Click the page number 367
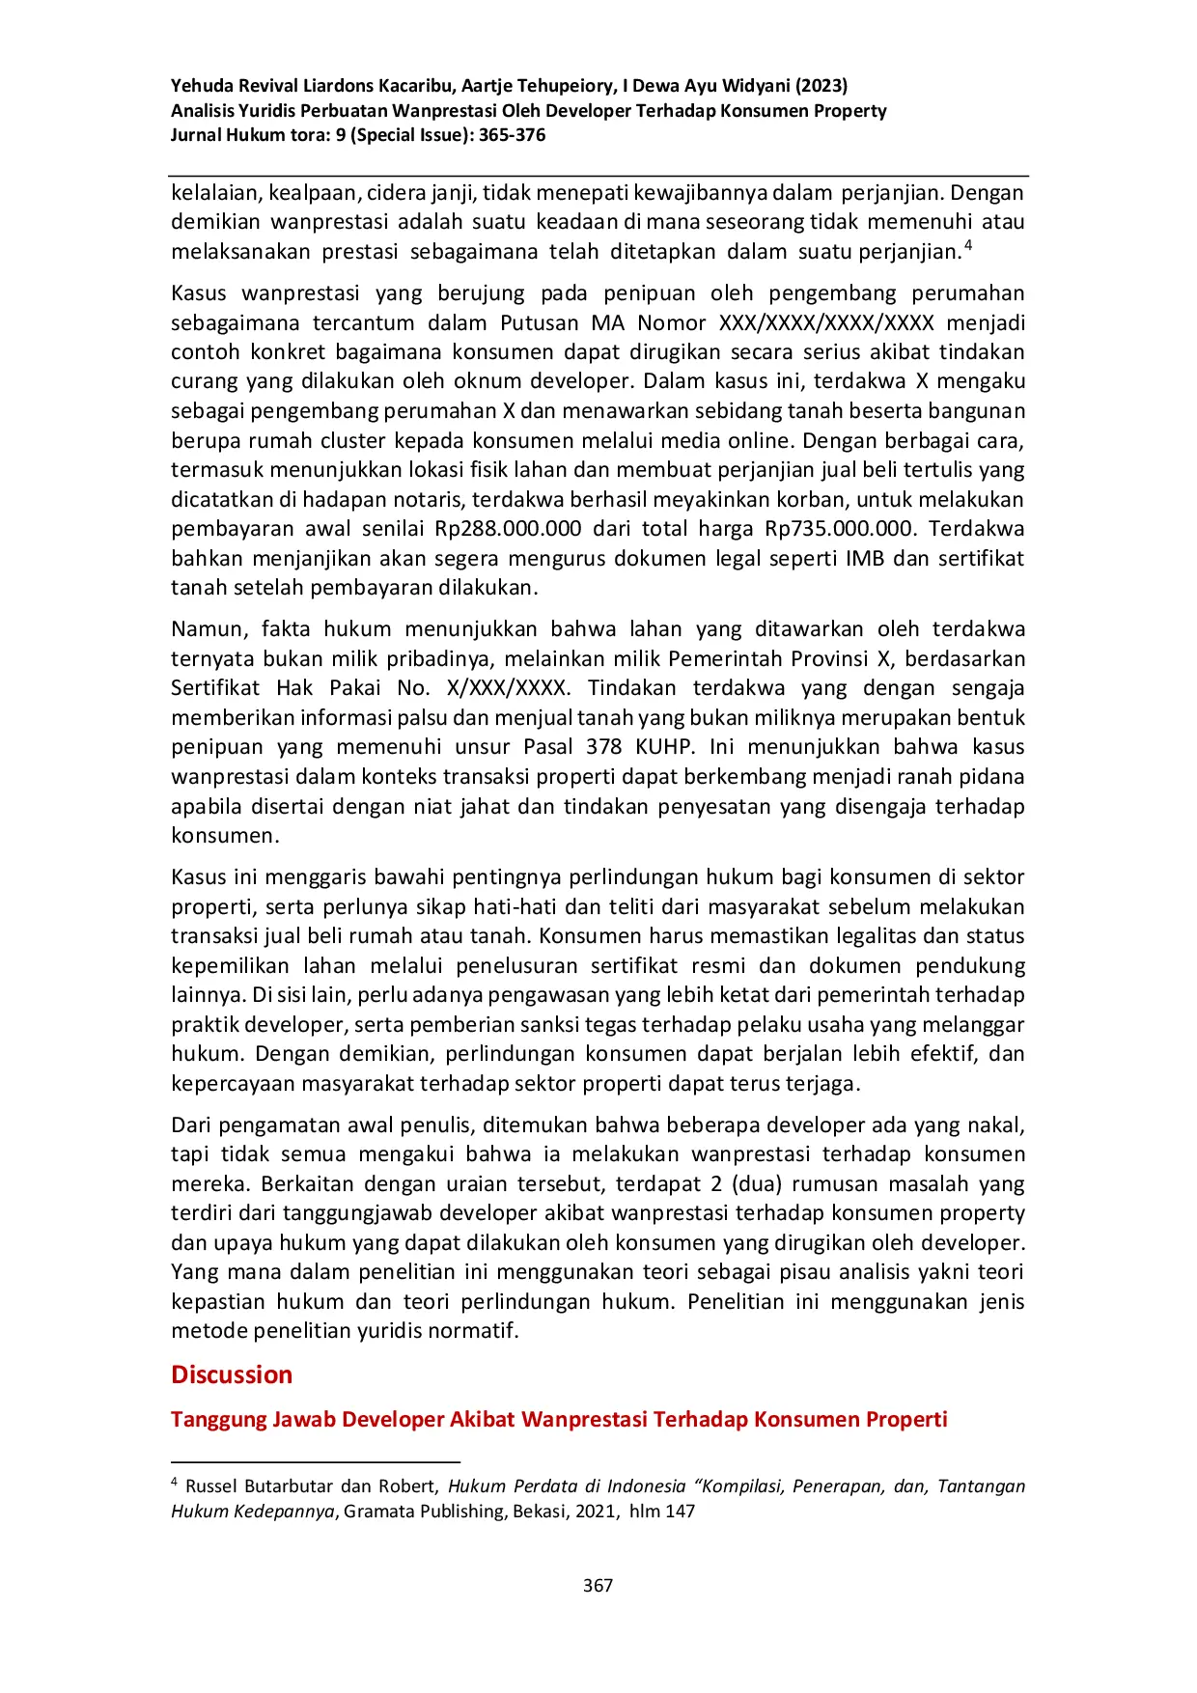598,1585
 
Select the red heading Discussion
232,1374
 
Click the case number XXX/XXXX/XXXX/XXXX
826,322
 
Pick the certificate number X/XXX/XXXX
508,688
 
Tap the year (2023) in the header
821,86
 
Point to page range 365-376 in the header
513,135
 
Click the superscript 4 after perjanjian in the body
968,245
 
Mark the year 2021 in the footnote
597,1512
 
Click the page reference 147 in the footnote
680,1512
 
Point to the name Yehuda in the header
202,86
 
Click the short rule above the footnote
316,1462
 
